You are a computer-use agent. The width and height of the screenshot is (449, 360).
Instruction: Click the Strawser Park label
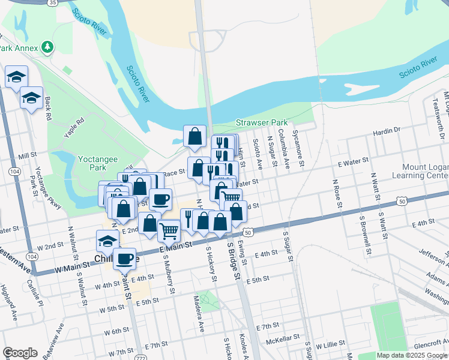pyautogui.click(x=262, y=122)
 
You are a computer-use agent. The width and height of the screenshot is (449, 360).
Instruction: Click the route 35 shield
pyautogui.click(x=53, y=2)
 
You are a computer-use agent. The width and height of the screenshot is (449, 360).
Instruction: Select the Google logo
pyautogui.click(x=20, y=353)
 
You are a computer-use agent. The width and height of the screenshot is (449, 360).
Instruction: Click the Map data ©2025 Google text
pyautogui.click(x=412, y=355)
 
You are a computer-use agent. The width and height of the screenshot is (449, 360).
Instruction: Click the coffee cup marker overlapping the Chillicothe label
pyautogui.click(x=124, y=259)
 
